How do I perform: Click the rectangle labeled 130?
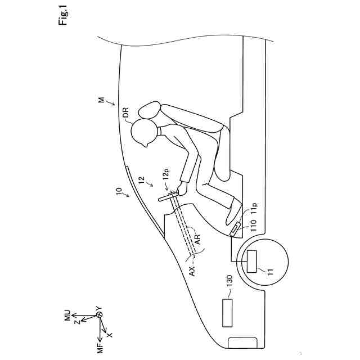tap(228, 312)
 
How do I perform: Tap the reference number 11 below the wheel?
tap(271, 271)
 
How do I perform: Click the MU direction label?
tap(67, 316)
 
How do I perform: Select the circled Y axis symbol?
tap(99, 316)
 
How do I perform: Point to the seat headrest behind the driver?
tap(150, 110)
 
